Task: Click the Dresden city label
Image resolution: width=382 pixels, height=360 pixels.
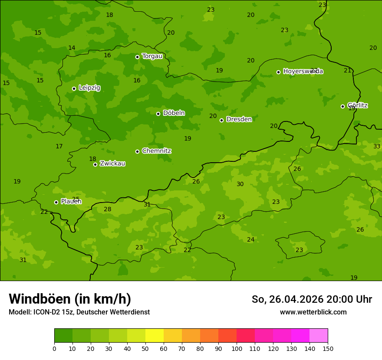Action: pos(239,119)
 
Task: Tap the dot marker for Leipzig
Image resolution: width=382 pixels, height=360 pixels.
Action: pos(74,88)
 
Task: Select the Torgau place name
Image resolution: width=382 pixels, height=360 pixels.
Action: pos(152,56)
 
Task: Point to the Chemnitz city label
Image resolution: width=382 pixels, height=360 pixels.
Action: pos(156,151)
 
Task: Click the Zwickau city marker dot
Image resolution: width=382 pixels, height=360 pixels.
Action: pos(95,164)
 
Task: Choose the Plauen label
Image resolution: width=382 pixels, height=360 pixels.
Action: pos(71,202)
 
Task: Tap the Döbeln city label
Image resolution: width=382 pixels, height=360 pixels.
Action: pos(174,113)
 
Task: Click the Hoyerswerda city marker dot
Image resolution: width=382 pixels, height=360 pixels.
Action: pos(278,72)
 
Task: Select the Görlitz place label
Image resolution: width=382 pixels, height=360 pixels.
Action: pos(357,105)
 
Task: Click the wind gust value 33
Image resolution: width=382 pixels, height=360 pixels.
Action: pos(377,147)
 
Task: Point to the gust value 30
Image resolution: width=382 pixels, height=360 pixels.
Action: pos(240,184)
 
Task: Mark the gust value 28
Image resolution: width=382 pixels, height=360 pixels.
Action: pos(108,209)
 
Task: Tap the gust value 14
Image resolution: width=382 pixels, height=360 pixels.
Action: pos(72,48)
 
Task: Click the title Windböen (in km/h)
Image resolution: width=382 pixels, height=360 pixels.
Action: pos(70,299)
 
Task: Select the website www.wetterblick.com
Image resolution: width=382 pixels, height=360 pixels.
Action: pos(313,312)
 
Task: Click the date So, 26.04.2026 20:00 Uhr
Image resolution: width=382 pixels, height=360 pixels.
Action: pos(312,299)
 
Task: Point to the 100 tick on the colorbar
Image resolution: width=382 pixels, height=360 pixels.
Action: pos(237,348)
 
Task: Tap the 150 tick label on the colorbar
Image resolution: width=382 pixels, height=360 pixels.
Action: pos(327,348)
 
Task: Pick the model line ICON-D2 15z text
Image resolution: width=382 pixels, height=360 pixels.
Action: pos(79,312)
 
